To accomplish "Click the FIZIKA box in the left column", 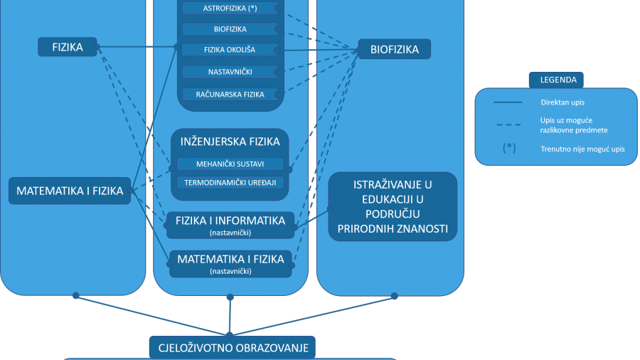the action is (x=68, y=47).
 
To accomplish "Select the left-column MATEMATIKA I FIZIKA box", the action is (x=70, y=191).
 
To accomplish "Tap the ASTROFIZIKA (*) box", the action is (x=230, y=8).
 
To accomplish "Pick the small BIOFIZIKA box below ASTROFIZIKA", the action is (x=230, y=29).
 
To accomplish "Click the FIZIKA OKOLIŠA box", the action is (x=230, y=50).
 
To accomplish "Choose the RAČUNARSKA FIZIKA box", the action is (x=230, y=95).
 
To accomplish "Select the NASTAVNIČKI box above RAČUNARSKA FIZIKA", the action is (x=230, y=72).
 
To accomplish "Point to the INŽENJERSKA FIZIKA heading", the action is (x=230, y=142).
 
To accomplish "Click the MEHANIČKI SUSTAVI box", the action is (x=230, y=164).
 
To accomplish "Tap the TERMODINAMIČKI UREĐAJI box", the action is (x=230, y=182).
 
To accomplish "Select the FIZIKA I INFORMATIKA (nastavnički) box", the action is (x=230, y=225).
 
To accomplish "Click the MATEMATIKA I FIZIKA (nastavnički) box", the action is (x=230, y=264).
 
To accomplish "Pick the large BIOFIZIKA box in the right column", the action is (x=394, y=49).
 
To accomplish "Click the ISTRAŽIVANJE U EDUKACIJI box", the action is (x=393, y=206).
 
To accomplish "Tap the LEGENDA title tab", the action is (x=556, y=80).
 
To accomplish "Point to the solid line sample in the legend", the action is (x=508, y=102).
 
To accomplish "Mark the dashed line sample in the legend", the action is (x=508, y=125).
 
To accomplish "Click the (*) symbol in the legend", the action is (x=509, y=148).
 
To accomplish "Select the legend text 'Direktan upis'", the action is (x=562, y=102).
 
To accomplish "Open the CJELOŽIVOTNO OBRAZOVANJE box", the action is (x=233, y=348).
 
